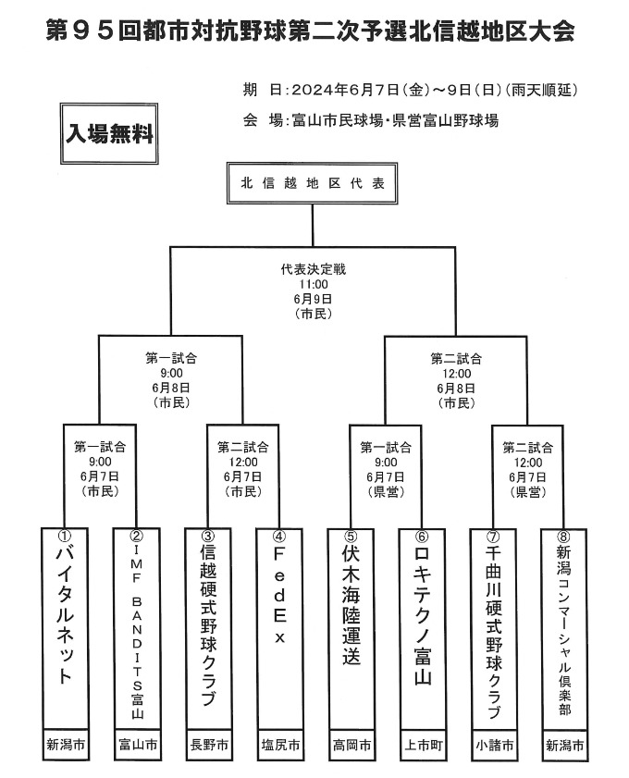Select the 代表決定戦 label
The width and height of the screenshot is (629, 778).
(313, 270)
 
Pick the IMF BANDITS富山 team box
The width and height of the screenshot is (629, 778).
(136, 628)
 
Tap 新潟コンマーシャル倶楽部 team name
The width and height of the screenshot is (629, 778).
(564, 628)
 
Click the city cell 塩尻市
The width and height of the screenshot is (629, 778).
(278, 745)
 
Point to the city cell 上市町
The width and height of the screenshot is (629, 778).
(421, 745)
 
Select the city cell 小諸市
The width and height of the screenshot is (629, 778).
(492, 745)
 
